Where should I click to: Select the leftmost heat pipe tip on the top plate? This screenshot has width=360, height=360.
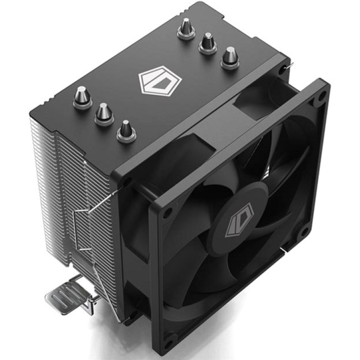[82, 97]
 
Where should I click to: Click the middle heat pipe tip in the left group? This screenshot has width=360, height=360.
[104, 113]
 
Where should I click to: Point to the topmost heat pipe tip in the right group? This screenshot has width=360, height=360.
[186, 28]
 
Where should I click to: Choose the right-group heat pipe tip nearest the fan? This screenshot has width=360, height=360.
[230, 58]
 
